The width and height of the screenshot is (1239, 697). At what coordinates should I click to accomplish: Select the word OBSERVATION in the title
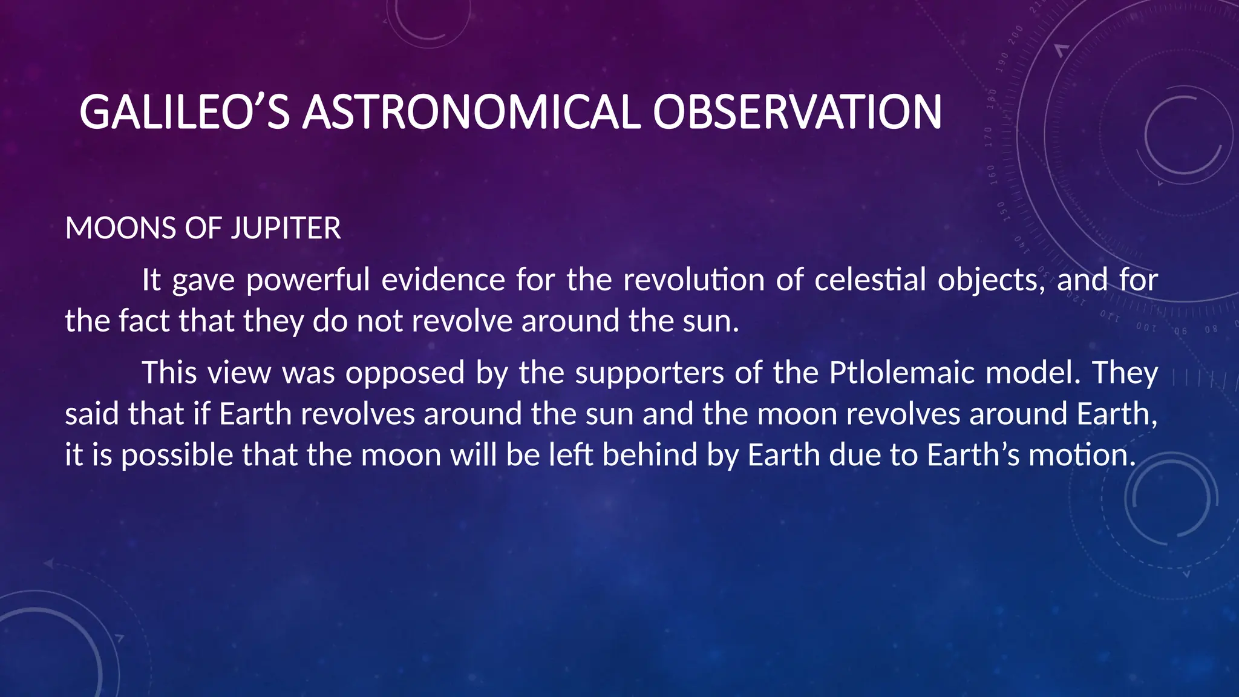[x=797, y=113]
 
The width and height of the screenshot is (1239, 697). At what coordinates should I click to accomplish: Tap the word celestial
[x=870, y=281]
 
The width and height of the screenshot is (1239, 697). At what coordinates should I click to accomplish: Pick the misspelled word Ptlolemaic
[x=901, y=373]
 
